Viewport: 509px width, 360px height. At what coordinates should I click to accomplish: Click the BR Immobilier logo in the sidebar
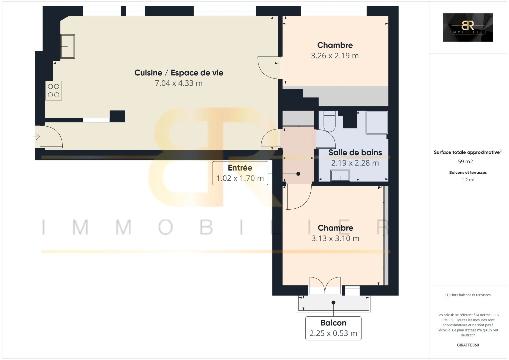[468, 27]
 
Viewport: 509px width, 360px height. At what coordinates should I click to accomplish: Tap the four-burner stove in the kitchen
[54, 91]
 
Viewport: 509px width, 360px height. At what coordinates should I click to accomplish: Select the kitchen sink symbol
[68, 46]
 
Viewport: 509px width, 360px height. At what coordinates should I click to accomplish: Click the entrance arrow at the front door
[36, 137]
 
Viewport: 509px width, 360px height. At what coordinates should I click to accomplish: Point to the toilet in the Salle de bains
[329, 121]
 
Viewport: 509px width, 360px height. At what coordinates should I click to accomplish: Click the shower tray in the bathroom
[377, 123]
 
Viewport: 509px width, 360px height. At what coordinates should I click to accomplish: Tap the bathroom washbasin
[340, 176]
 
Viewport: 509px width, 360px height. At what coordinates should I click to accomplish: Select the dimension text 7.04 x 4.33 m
[179, 83]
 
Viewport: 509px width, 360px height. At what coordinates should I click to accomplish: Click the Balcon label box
[333, 328]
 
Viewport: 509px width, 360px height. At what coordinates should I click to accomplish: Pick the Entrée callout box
[240, 173]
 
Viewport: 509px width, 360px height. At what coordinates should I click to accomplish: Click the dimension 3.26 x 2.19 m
[335, 56]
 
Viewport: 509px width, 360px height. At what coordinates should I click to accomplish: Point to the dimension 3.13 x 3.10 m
[335, 238]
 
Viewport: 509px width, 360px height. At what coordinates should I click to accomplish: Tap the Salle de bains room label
[355, 153]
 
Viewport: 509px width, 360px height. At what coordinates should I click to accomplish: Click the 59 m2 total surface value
[465, 162]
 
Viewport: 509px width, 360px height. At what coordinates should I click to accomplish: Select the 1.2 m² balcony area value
[468, 180]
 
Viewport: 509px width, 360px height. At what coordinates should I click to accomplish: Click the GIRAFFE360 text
[468, 345]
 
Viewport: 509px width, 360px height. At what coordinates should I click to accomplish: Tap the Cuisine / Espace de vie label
[179, 73]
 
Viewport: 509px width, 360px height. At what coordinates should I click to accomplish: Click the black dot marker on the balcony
[333, 303]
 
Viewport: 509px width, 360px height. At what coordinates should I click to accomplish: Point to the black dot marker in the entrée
[298, 174]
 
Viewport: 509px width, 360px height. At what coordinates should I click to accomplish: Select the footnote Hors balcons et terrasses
[468, 295]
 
